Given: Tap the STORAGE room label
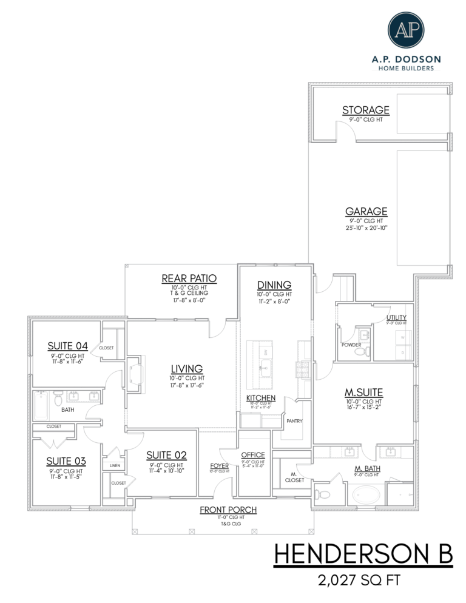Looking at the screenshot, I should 365,110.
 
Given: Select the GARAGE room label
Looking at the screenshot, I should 366,211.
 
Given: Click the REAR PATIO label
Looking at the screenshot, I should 189,278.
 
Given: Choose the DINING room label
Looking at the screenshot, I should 274,285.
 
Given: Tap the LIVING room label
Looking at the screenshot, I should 186,368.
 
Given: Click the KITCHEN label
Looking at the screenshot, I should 261,398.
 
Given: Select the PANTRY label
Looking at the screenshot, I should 294,420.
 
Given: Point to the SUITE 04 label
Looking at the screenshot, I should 68,346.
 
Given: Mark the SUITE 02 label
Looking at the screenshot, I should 167,456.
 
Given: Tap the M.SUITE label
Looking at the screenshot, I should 364,392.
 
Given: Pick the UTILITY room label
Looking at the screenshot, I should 396,317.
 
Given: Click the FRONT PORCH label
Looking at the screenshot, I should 228,510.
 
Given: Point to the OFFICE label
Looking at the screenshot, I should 253,454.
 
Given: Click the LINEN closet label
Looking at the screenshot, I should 115,465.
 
